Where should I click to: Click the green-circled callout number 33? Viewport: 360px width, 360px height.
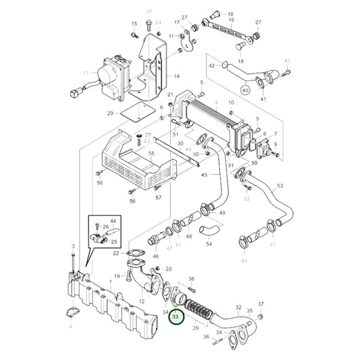176,316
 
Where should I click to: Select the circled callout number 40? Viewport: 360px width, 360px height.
263,90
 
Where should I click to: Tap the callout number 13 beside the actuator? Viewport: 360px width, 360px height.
84,72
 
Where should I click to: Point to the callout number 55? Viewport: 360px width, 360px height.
152,155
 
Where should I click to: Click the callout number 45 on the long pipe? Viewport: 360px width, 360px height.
204,176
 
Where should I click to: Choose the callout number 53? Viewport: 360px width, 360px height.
280,185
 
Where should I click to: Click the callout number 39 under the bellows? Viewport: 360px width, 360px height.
197,327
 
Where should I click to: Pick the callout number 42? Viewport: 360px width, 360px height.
211,66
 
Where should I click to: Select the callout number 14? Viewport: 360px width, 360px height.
176,76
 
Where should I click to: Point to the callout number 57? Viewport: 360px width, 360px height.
158,198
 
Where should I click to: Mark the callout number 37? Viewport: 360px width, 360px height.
261,305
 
